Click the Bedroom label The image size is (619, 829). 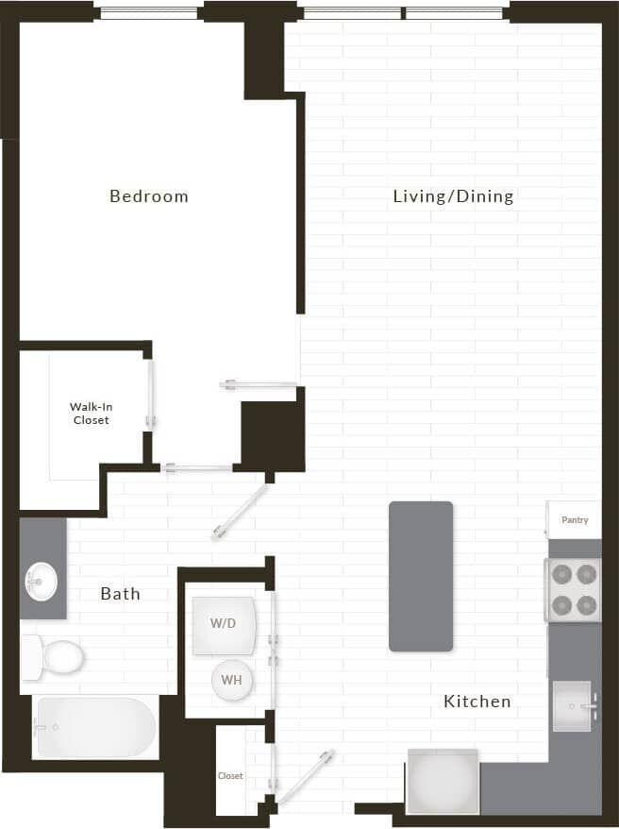click(x=149, y=196)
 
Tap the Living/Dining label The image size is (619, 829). click(x=453, y=196)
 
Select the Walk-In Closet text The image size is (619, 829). click(x=91, y=414)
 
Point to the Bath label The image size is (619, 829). click(x=121, y=594)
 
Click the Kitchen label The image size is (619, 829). click(x=477, y=702)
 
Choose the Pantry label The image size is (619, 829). click(x=575, y=520)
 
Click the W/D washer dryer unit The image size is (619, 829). click(x=224, y=625)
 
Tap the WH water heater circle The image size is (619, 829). click(x=231, y=679)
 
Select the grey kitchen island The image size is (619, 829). click(x=421, y=576)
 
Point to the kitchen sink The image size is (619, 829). click(x=572, y=704)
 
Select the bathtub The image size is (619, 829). click(x=94, y=727)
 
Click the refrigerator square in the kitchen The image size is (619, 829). click(x=443, y=781)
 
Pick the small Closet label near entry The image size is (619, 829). click(x=230, y=776)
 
